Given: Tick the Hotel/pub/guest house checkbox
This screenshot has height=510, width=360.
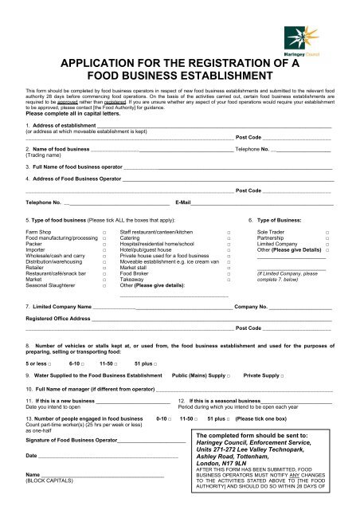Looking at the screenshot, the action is click(229, 249).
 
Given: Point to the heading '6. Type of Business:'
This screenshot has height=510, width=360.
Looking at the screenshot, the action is click(274, 218).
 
